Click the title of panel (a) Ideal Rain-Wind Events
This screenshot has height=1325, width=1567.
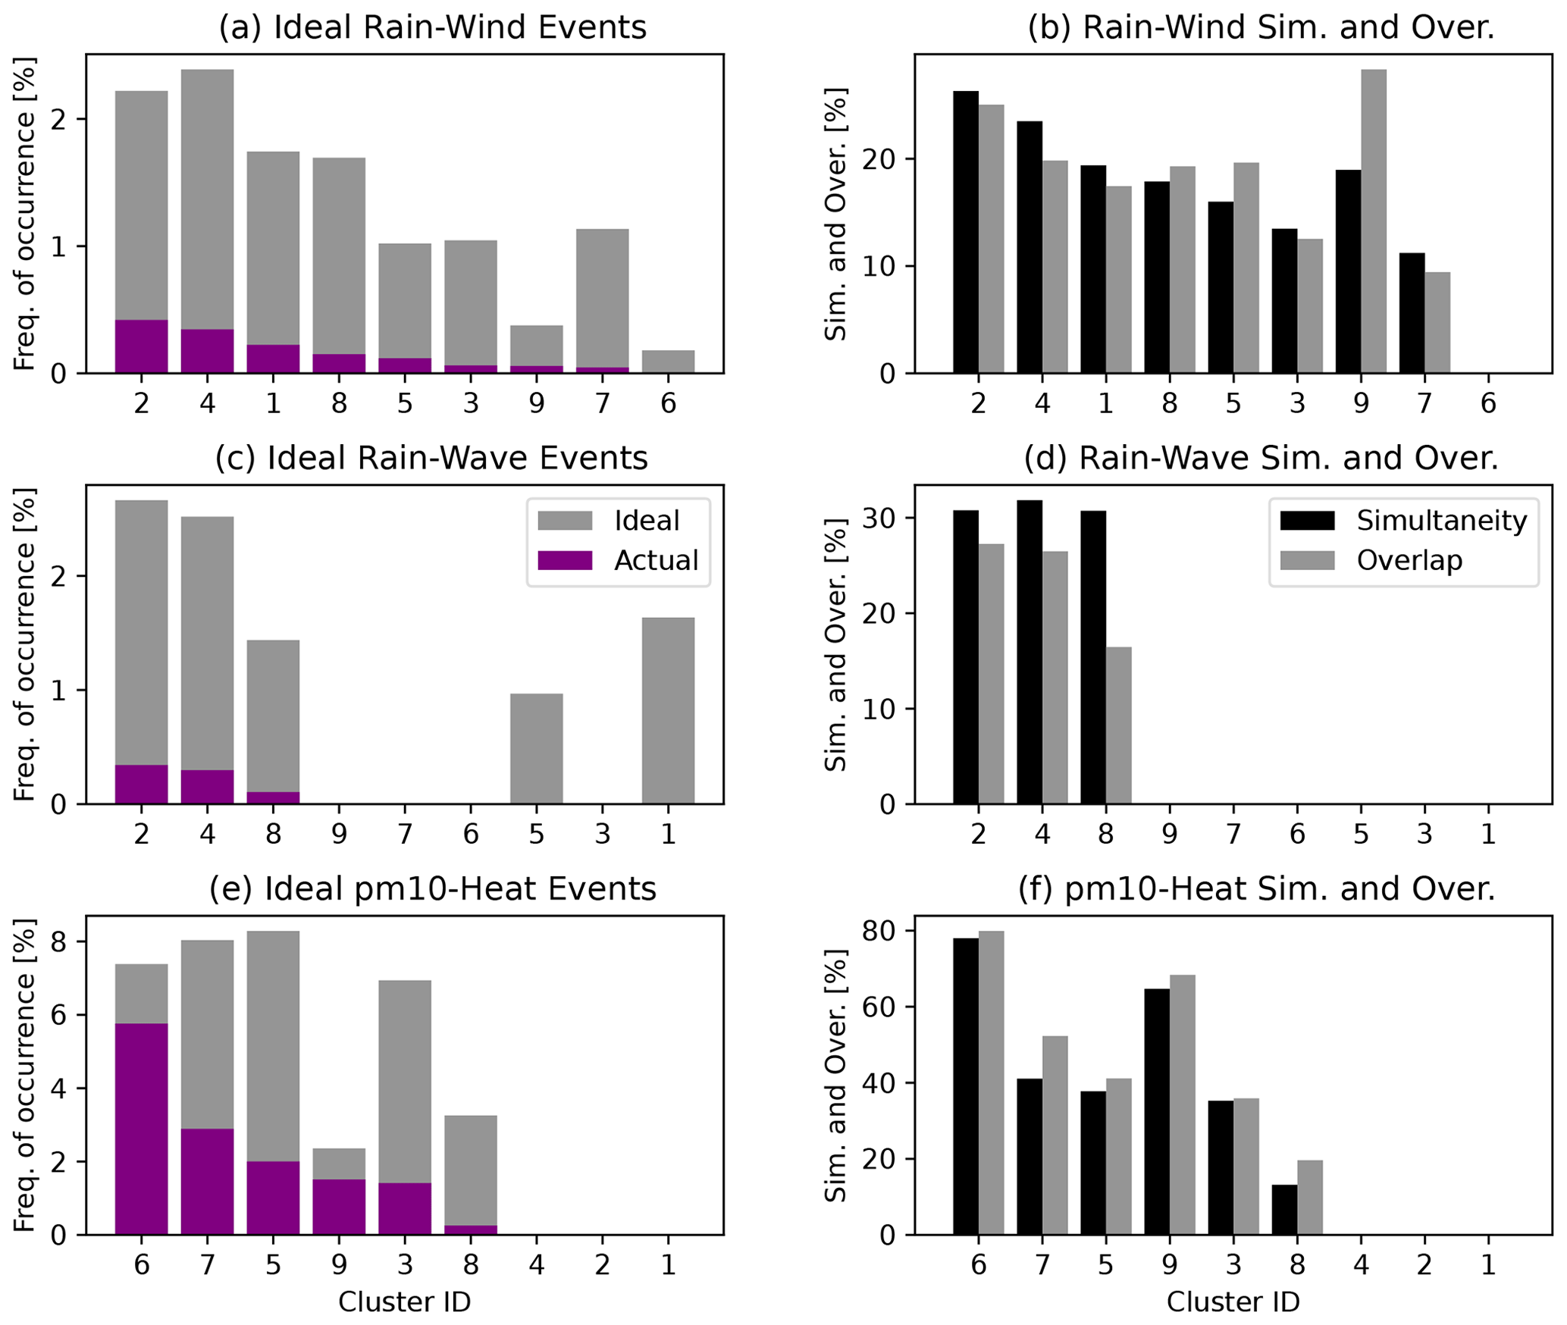(x=432, y=28)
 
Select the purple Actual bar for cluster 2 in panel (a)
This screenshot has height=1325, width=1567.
(x=141, y=346)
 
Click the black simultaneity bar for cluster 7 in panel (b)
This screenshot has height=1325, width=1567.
(x=1412, y=312)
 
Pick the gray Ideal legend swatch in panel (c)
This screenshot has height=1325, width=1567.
(x=564, y=521)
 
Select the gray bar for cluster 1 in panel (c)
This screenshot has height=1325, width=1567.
(x=668, y=710)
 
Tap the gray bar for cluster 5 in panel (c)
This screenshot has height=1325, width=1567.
(x=536, y=748)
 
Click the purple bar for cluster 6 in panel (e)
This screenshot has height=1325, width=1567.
(x=141, y=1129)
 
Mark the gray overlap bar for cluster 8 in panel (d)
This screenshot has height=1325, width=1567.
(x=1118, y=725)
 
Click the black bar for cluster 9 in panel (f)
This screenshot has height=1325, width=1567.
(x=1157, y=1112)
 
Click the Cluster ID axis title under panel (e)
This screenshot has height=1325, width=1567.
(x=404, y=1302)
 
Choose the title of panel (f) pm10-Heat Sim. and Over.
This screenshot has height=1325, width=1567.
(x=1256, y=889)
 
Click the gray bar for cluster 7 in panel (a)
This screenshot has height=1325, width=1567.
(x=602, y=297)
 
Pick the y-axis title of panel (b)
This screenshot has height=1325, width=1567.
(x=835, y=214)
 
